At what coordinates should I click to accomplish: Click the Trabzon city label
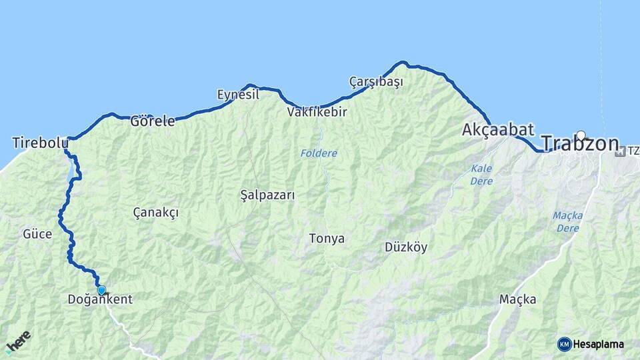(579, 144)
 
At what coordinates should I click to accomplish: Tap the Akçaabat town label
(498, 130)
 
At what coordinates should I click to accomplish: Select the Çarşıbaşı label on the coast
(376, 82)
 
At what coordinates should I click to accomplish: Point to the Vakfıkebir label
(317, 112)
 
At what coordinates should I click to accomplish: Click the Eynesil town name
(238, 95)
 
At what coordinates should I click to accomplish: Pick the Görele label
(152, 121)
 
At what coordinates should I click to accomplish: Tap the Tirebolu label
(40, 143)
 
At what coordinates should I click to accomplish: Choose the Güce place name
(37, 234)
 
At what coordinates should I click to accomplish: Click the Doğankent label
(100, 300)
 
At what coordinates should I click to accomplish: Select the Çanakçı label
(155, 212)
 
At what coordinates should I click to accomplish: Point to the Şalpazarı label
(267, 195)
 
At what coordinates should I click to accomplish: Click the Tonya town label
(327, 238)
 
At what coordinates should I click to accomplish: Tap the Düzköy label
(406, 247)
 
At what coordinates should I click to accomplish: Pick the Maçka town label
(517, 299)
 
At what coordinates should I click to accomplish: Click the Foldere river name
(319, 153)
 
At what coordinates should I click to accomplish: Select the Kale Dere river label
(481, 175)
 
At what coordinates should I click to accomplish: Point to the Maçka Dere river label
(567, 221)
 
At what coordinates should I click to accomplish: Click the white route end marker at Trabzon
(581, 135)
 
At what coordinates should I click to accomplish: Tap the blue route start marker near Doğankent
(101, 290)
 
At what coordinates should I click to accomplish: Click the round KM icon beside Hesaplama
(564, 344)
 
